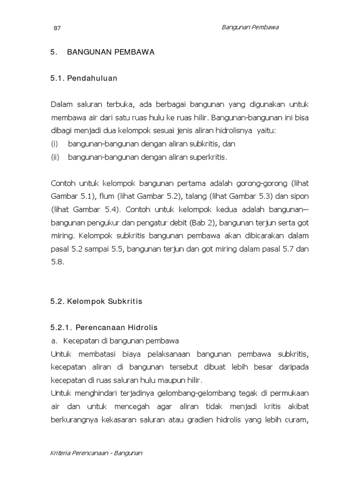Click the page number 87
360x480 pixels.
[x=57, y=28]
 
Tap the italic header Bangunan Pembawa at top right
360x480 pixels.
[x=250, y=27]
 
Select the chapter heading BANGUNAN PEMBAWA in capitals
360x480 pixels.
[x=111, y=52]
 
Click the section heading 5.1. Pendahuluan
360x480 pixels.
[x=84, y=79]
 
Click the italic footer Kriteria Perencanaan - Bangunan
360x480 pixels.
[x=96, y=453]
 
